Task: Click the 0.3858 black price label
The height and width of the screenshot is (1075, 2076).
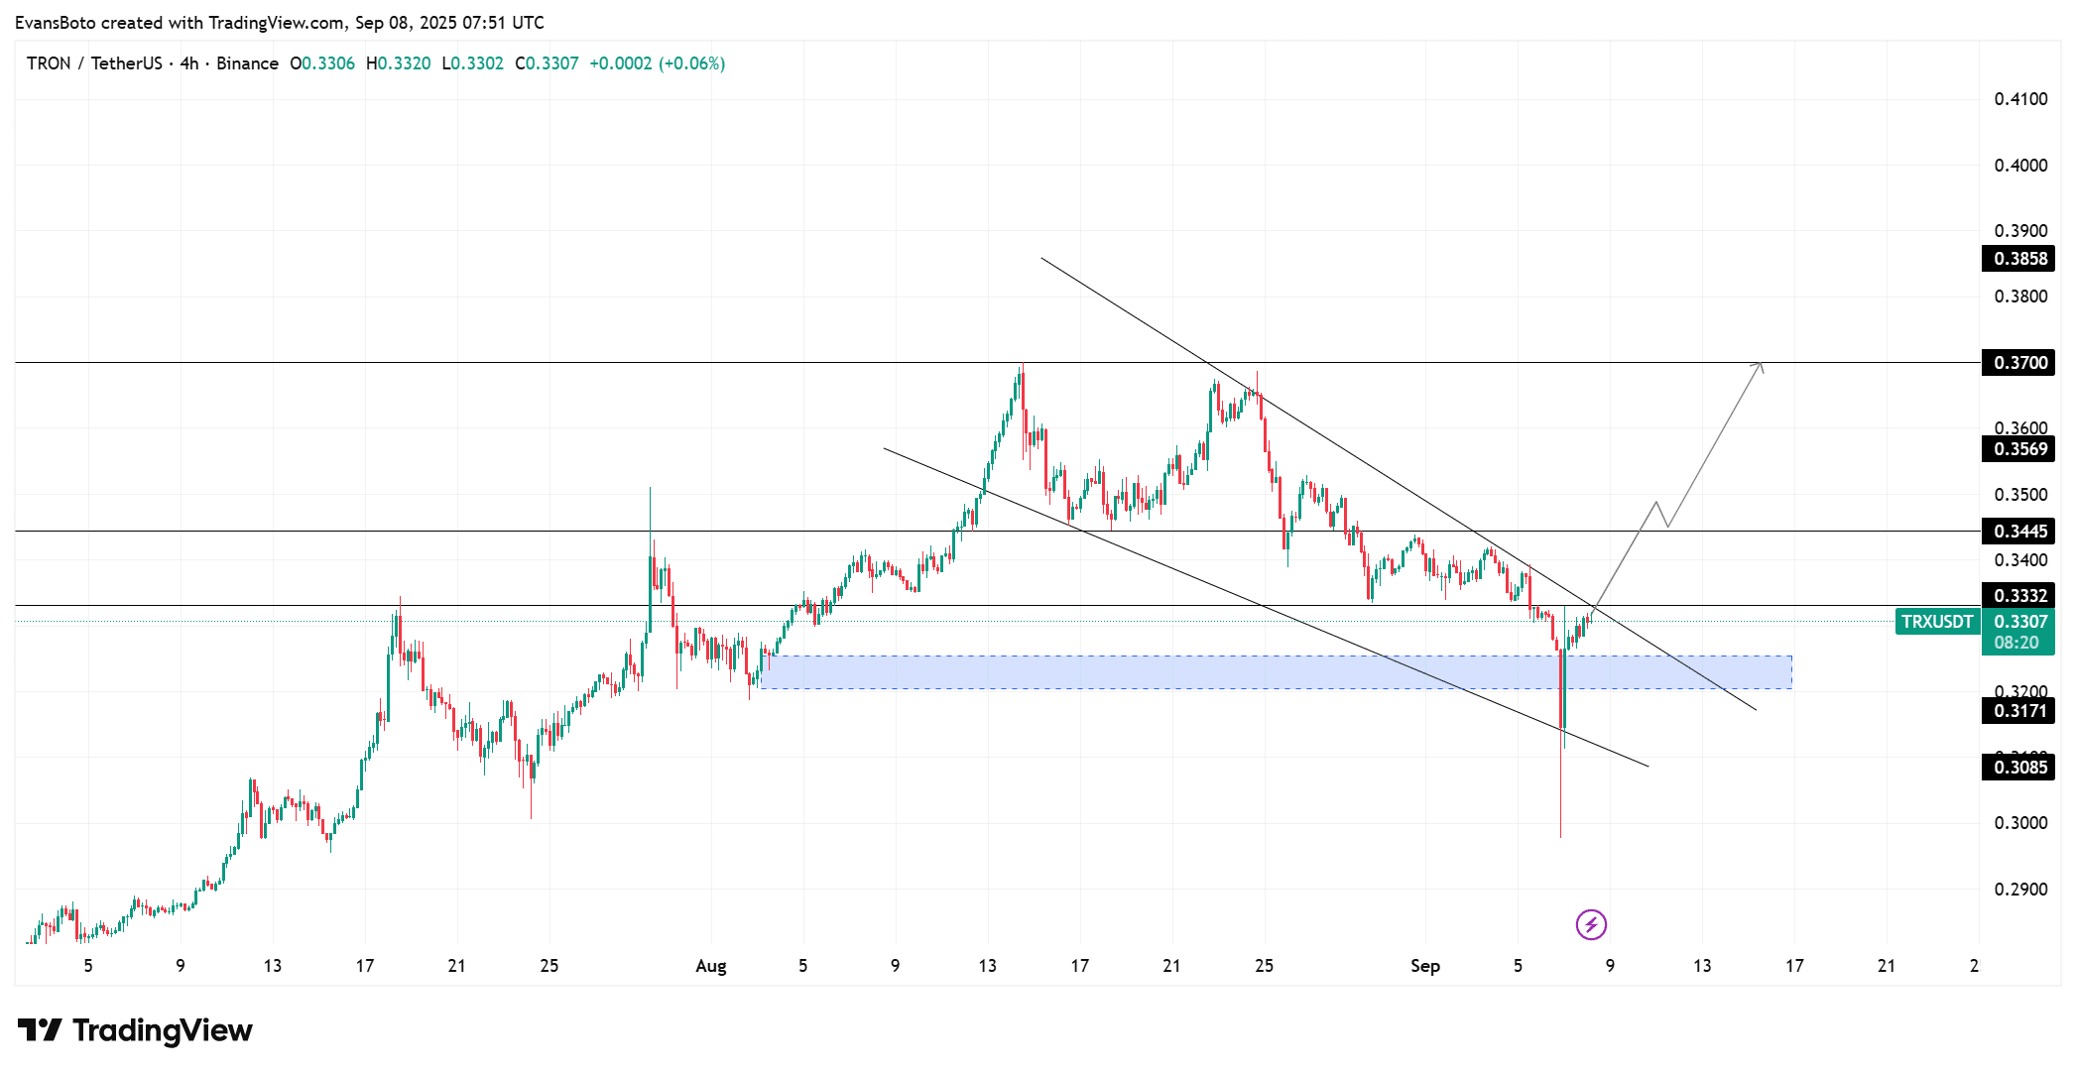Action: [2019, 259]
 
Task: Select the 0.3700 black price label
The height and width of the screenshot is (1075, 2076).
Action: [2019, 363]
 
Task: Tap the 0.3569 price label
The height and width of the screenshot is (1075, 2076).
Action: [2019, 449]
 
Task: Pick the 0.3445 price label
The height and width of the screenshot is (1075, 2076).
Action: [2019, 532]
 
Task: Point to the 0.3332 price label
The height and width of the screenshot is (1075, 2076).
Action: [2019, 596]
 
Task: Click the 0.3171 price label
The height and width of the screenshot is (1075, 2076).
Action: [2019, 711]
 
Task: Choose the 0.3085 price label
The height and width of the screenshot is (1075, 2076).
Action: [2019, 767]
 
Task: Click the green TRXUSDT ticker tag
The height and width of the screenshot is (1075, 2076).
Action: [1936, 622]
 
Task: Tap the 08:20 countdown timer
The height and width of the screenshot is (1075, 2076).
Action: [2016, 643]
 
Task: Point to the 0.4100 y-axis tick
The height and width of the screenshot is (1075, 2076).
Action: [2020, 99]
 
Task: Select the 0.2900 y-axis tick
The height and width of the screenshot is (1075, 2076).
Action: [2020, 890]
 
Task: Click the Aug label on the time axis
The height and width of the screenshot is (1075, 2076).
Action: [710, 966]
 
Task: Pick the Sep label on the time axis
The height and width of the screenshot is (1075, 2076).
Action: [1424, 966]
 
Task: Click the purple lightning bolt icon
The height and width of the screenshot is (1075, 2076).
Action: [1591, 925]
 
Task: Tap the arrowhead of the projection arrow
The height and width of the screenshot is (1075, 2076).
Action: [1761, 366]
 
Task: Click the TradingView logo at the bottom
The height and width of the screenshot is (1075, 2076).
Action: [135, 1031]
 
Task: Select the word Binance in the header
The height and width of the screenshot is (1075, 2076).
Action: [247, 63]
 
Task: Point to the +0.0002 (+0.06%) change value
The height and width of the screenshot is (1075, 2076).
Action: [657, 63]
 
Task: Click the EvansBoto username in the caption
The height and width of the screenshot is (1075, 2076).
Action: [56, 22]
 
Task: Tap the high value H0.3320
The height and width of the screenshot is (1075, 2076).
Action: [399, 63]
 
